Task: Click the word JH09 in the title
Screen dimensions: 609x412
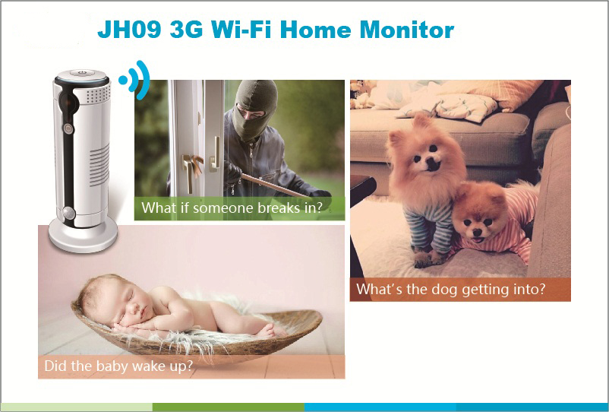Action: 129,30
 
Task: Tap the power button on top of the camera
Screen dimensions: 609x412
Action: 82,72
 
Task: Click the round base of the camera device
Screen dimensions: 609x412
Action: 83,235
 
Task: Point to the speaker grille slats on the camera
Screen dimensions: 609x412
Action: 99,165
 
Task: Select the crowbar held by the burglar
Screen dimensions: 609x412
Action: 272,185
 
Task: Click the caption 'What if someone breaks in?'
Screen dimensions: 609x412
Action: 232,208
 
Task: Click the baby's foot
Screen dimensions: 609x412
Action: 267,331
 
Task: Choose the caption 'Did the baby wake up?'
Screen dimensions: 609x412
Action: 118,366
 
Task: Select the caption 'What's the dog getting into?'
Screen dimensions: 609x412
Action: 450,289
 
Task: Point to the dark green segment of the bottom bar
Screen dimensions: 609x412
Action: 229,407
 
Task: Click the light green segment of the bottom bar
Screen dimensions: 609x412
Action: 77,407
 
